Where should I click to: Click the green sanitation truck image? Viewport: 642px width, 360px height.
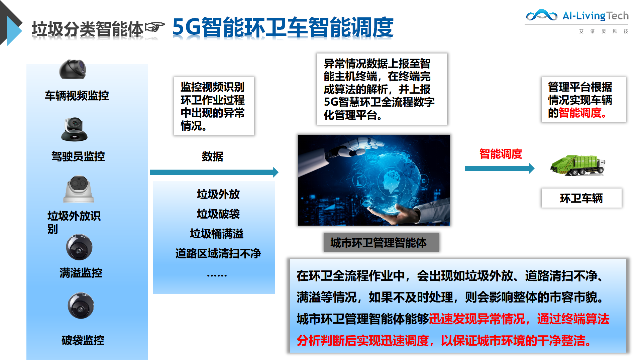click(578, 165)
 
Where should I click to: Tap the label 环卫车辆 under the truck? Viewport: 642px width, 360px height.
click(581, 198)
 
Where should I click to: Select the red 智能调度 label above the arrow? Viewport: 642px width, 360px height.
click(501, 154)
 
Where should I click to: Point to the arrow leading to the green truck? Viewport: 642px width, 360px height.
click(500, 168)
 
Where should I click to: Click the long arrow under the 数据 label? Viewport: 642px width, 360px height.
click(214, 172)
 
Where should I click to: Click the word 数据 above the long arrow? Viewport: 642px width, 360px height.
click(212, 156)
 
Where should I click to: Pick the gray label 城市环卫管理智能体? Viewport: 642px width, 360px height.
click(381, 242)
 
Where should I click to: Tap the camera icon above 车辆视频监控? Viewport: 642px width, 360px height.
click(73, 70)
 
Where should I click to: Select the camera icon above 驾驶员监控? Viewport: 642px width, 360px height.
click(74, 129)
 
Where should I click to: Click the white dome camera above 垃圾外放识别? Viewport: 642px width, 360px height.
click(79, 189)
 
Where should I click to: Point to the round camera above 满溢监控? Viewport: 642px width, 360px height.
click(79, 247)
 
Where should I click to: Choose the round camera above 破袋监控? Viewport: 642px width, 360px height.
click(81, 306)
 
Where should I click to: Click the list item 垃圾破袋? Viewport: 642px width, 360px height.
click(218, 214)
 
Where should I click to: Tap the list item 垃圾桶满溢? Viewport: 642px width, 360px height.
click(217, 234)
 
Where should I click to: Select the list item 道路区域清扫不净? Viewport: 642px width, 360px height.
click(218, 253)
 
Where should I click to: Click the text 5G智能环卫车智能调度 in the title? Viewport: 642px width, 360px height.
click(283, 27)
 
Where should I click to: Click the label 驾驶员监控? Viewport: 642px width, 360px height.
click(78, 156)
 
